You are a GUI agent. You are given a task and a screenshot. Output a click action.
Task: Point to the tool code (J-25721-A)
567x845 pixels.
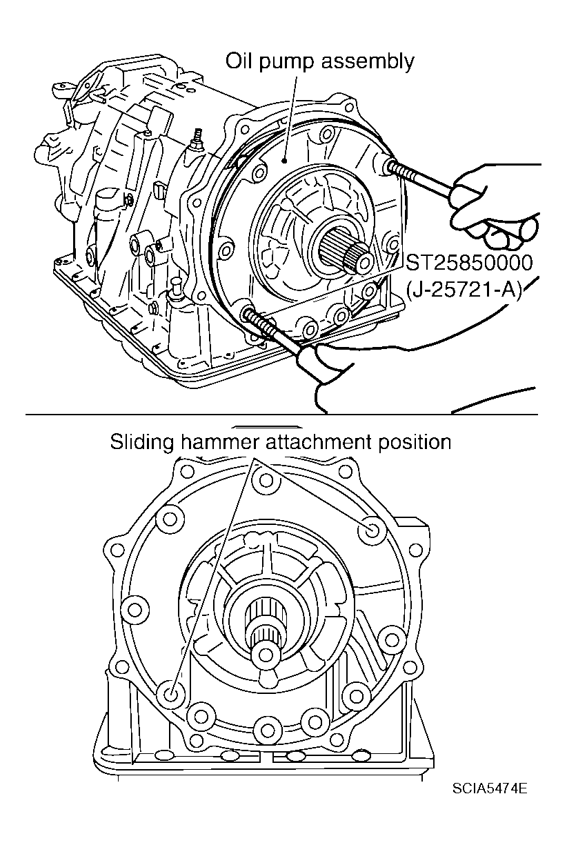tap(464, 290)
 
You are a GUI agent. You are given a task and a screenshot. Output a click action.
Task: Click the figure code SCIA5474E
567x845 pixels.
tap(490, 788)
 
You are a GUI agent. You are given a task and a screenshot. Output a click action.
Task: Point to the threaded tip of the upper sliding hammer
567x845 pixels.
tap(394, 167)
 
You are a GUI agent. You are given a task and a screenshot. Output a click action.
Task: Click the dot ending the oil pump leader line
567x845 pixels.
tap(286, 159)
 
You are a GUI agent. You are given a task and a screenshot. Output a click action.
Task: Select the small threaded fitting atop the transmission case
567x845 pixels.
tap(197, 135)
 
